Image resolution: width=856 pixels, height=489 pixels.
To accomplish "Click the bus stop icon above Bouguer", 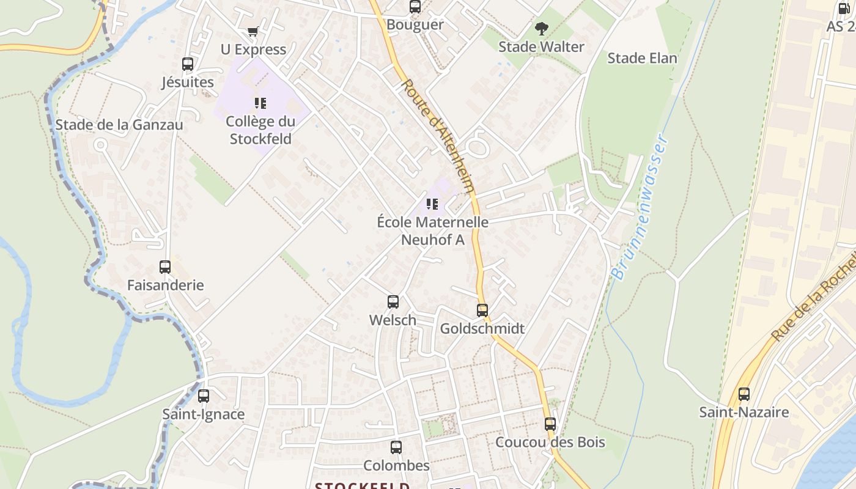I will pyautogui.click(x=415, y=7).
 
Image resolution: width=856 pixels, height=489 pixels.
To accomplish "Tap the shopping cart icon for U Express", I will pyautogui.click(x=253, y=31).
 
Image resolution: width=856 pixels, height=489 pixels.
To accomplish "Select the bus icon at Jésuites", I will pyautogui.click(x=188, y=64).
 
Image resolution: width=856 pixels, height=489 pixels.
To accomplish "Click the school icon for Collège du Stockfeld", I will pyautogui.click(x=260, y=103).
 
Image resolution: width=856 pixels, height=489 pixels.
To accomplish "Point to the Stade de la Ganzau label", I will pyautogui.click(x=119, y=125).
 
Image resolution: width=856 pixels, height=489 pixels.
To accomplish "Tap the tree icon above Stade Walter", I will pyautogui.click(x=541, y=28).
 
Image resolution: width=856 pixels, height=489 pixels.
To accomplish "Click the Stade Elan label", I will pyautogui.click(x=642, y=58).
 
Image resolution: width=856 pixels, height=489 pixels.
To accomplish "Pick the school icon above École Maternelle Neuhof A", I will pyautogui.click(x=432, y=204).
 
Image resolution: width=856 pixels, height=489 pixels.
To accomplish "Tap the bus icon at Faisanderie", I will pyautogui.click(x=165, y=267).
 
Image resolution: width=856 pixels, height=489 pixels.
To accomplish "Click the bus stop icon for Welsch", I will pyautogui.click(x=393, y=302).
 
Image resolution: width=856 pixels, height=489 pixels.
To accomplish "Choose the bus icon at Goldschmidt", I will pyautogui.click(x=482, y=311).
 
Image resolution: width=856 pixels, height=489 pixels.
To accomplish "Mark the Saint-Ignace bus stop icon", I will pyautogui.click(x=204, y=396).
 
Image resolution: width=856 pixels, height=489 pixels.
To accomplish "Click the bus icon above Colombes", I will pyautogui.click(x=396, y=447).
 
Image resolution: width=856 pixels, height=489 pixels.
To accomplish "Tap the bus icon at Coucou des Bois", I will pyautogui.click(x=550, y=424).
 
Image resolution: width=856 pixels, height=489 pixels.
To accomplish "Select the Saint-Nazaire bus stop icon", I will pyautogui.click(x=744, y=394).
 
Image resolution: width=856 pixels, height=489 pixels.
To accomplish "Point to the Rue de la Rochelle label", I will pyautogui.click(x=813, y=299).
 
